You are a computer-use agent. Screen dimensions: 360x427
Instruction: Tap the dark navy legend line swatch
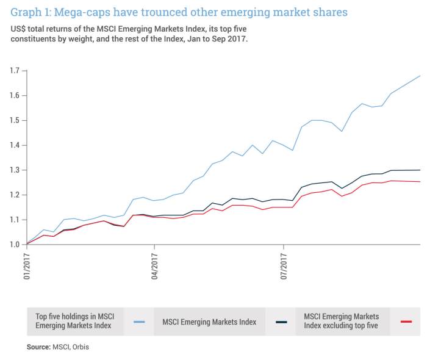[282, 321]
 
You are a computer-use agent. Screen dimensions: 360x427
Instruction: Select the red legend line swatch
[407, 321]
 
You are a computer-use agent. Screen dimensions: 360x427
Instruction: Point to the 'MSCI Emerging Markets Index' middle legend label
[209, 321]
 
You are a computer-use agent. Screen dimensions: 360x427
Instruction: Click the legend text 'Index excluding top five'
[342, 326]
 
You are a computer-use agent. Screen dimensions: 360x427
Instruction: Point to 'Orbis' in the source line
[87, 347]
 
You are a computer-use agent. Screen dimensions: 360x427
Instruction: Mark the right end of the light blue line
[420, 76]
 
